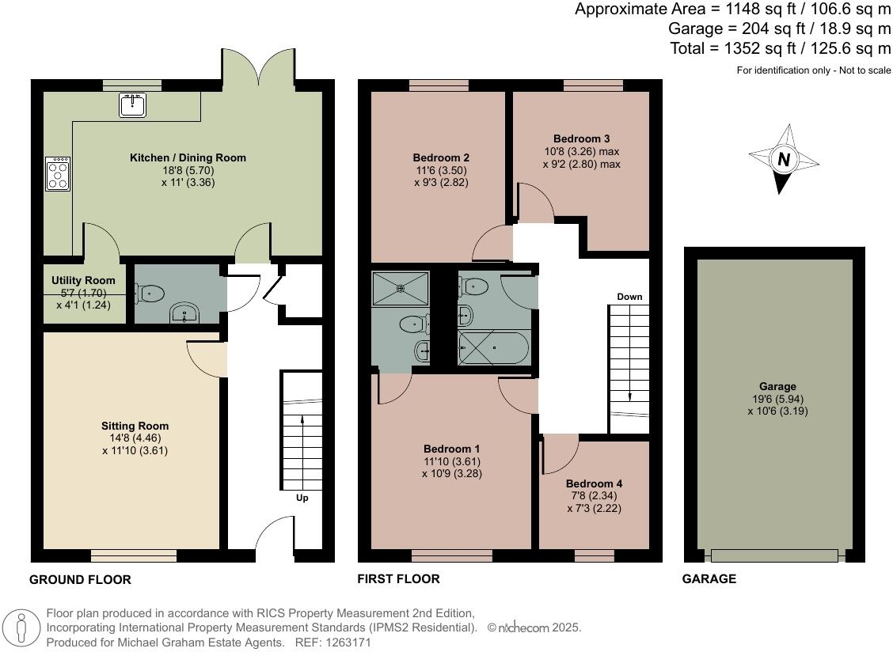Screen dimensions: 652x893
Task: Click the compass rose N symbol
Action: [x=783, y=160]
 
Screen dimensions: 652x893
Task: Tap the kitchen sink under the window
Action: [x=132, y=104]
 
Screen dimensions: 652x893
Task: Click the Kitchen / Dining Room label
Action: [x=188, y=157]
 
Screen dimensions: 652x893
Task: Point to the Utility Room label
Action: [x=83, y=280]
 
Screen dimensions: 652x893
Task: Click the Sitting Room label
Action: [x=135, y=426]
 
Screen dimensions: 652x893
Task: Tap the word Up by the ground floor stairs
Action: [x=302, y=498]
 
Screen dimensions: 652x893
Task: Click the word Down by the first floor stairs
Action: [x=629, y=297]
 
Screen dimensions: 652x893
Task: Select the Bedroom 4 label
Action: [x=594, y=483]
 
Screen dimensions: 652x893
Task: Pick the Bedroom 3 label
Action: [x=581, y=138]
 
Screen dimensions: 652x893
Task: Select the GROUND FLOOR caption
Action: [x=80, y=579]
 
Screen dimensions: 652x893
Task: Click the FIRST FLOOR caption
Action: [x=399, y=578]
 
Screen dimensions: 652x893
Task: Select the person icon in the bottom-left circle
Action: [x=22, y=628]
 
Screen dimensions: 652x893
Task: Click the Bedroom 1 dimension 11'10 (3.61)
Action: [x=451, y=461]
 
